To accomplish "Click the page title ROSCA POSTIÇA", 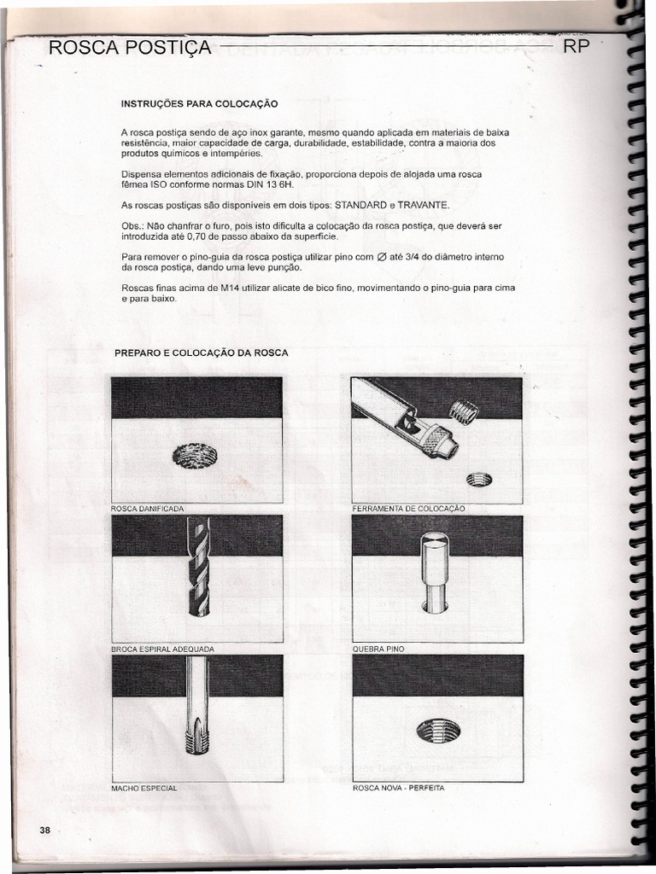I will click(x=130, y=47).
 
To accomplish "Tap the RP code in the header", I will click(x=577, y=47).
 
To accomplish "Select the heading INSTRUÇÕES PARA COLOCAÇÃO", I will click(x=200, y=104).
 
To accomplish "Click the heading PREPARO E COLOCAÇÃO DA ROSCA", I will click(x=202, y=353).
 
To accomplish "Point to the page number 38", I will click(x=44, y=830).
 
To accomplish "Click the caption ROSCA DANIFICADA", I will click(x=148, y=509).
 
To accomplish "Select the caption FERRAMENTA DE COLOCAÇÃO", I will click(x=408, y=509).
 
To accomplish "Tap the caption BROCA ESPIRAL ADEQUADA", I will click(x=162, y=649).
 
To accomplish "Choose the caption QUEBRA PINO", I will click(x=378, y=649).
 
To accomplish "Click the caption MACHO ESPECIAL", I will click(x=144, y=788).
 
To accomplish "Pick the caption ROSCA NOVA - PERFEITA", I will click(x=398, y=788).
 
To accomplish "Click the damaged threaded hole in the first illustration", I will click(x=194, y=457).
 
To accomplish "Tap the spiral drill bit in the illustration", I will click(x=197, y=568).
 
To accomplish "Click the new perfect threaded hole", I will click(x=438, y=730).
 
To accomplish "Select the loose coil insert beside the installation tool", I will click(x=464, y=412).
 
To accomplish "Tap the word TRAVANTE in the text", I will click(x=423, y=206).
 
